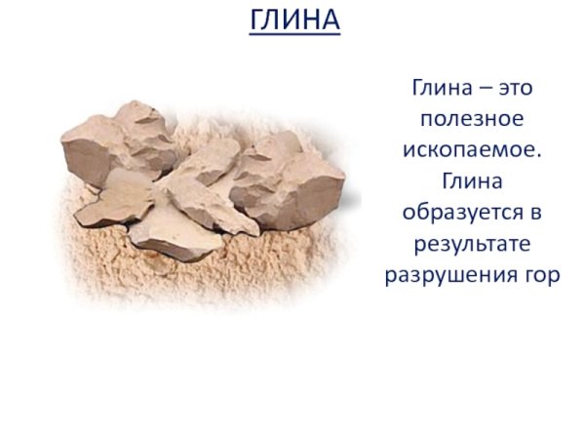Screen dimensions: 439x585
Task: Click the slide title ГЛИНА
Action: pos(294,20)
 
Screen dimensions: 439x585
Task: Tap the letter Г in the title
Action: pos(257,20)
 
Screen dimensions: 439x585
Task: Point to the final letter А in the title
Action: pos(330,20)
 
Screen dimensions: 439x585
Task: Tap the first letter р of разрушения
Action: pos(390,276)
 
